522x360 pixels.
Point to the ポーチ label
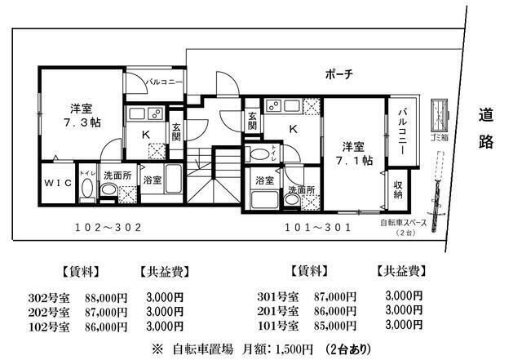click(x=338, y=74)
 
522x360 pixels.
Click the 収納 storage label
click(x=397, y=189)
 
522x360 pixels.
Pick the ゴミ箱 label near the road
click(x=439, y=139)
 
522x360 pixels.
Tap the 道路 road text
click(x=487, y=129)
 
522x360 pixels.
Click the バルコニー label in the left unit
click(x=164, y=82)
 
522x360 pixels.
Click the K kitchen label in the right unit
click(x=292, y=128)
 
